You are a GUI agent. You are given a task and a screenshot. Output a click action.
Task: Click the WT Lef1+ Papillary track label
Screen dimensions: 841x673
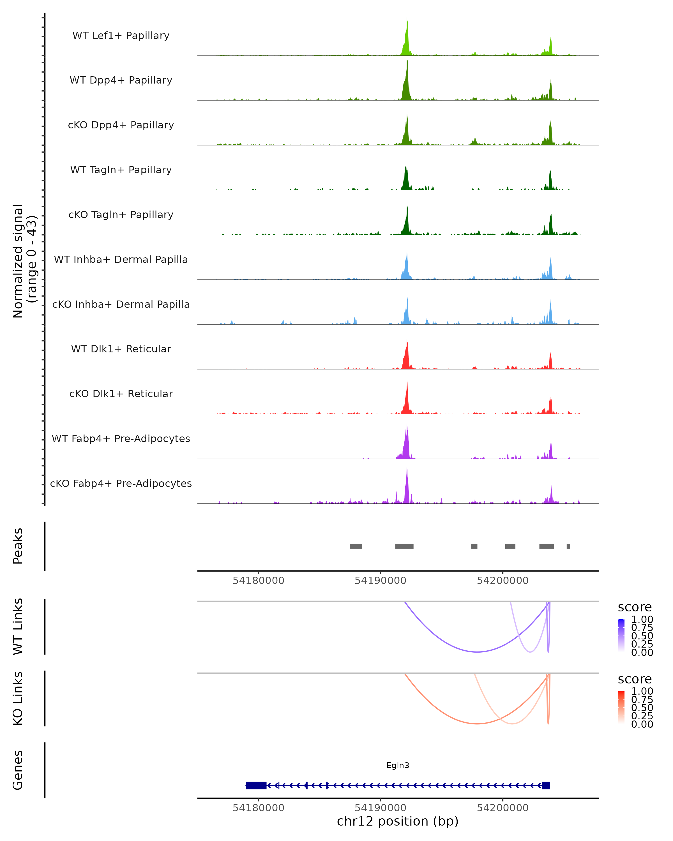click(121, 36)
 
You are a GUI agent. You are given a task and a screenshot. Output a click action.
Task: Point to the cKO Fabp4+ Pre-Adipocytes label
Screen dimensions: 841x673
click(121, 483)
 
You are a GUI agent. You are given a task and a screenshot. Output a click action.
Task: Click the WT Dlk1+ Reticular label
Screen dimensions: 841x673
click(121, 349)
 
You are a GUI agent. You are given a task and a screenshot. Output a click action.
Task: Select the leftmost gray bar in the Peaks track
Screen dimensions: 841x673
click(355, 546)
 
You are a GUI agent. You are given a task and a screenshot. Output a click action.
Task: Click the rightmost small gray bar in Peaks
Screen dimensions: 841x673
click(568, 546)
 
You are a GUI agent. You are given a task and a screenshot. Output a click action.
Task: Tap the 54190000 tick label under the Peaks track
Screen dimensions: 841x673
click(381, 581)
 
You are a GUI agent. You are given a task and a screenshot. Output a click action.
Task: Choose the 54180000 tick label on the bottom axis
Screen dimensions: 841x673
click(258, 807)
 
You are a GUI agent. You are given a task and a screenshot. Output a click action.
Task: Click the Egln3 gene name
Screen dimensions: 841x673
click(398, 765)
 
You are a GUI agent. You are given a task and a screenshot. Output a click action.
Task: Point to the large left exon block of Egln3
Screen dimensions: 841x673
click(256, 785)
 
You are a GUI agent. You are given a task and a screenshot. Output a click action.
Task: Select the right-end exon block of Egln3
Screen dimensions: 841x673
click(546, 785)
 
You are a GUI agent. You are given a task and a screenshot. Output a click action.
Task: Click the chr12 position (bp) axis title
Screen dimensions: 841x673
click(398, 821)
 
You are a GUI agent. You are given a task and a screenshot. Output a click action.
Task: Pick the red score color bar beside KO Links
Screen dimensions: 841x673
click(621, 707)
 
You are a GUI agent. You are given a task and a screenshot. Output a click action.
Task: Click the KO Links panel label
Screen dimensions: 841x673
click(18, 698)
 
